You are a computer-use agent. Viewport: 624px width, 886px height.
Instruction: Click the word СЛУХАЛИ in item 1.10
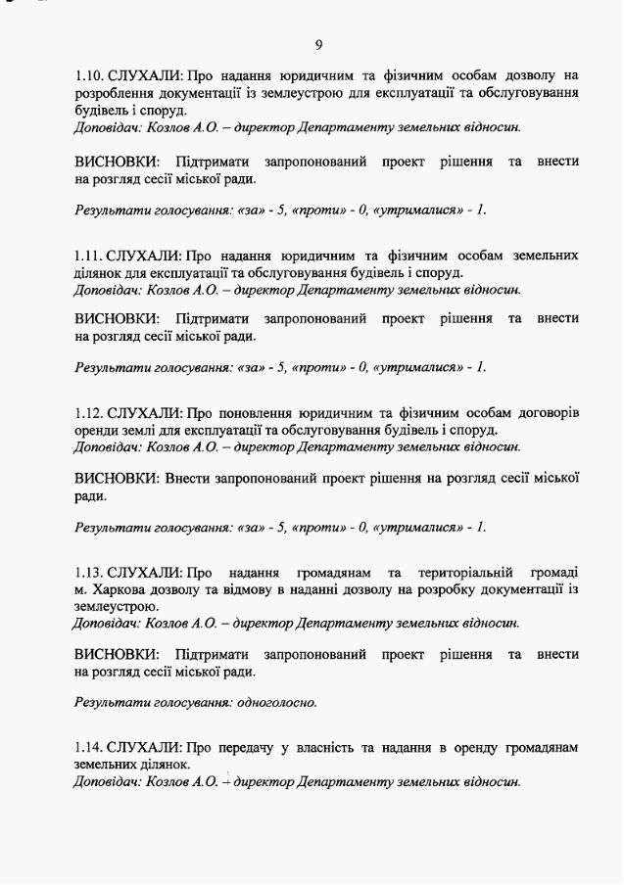(144, 75)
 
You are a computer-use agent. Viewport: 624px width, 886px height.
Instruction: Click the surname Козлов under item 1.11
(169, 289)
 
